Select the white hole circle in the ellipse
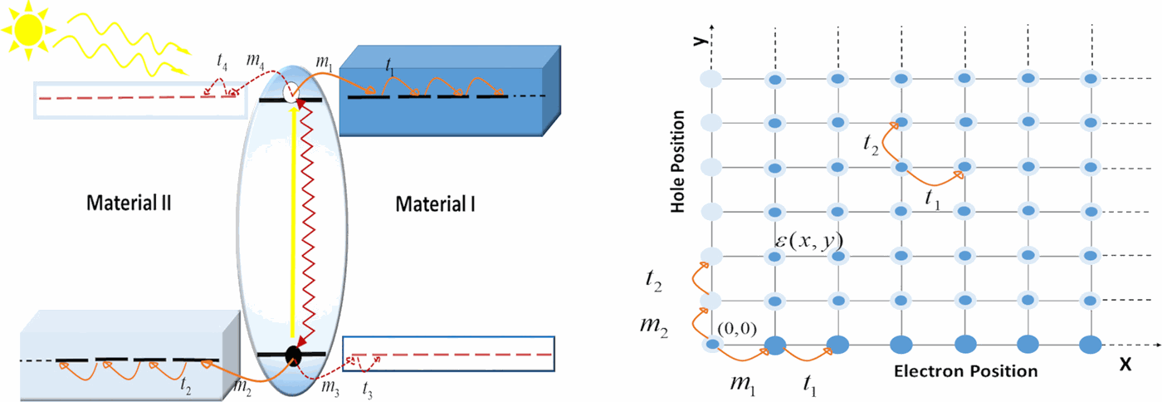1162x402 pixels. [x=291, y=92]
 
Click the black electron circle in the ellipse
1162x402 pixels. [x=293, y=355]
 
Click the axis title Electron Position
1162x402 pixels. [x=965, y=371]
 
